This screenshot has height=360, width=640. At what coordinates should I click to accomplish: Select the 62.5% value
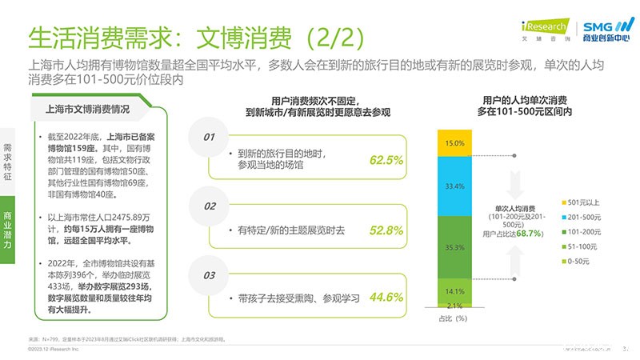[386, 160]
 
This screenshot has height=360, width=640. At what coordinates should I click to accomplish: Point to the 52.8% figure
[386, 230]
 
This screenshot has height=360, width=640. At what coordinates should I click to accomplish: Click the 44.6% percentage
[386, 297]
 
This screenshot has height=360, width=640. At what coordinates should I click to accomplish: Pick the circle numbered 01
[209, 137]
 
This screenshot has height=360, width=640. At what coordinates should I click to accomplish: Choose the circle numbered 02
[209, 206]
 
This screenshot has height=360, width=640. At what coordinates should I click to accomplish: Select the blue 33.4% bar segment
[454, 186]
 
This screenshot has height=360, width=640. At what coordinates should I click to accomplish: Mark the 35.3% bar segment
[454, 247]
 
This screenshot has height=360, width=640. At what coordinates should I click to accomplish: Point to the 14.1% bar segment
[454, 290]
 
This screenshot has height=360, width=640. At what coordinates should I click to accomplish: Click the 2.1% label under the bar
[454, 306]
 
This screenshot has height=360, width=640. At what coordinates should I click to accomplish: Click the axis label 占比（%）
[454, 318]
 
